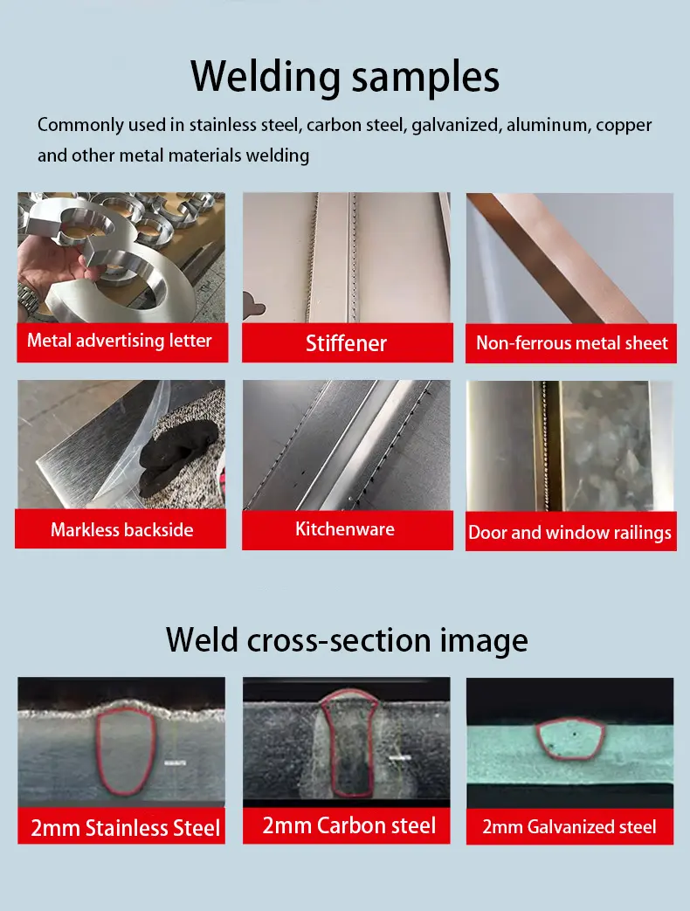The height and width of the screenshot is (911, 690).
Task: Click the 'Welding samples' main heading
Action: point(345,76)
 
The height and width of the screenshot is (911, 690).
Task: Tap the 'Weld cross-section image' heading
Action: point(347,639)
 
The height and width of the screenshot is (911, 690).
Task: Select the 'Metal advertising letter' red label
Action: point(122,342)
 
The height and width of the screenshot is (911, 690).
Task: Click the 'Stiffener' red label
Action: point(348,342)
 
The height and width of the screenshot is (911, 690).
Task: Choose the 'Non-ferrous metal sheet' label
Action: point(571,343)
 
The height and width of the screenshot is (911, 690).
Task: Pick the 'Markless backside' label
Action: point(121,528)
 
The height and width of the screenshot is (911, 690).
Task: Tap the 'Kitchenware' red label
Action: point(348,530)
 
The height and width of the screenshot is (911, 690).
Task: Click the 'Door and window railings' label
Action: point(571,531)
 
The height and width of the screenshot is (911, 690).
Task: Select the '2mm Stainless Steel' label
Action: point(121,825)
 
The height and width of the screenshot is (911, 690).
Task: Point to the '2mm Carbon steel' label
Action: point(346,825)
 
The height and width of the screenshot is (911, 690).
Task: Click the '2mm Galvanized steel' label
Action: point(569,826)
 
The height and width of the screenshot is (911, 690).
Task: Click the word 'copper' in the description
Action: point(624,125)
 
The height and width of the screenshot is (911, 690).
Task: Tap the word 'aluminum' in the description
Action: point(547,124)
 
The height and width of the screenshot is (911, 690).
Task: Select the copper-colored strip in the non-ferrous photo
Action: point(557,259)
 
